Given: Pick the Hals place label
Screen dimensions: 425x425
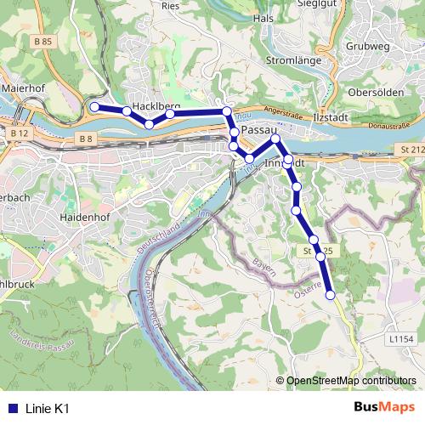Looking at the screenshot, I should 263,18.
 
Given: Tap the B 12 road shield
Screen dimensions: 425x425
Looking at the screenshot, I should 20,133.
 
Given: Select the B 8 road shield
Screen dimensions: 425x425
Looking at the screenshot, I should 83,138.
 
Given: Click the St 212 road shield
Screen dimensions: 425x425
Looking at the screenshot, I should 411,150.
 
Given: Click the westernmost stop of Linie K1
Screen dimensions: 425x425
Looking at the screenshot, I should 94,107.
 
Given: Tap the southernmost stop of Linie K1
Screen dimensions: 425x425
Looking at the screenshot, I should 331,295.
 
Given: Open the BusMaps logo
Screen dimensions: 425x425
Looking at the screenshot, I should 383,407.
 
